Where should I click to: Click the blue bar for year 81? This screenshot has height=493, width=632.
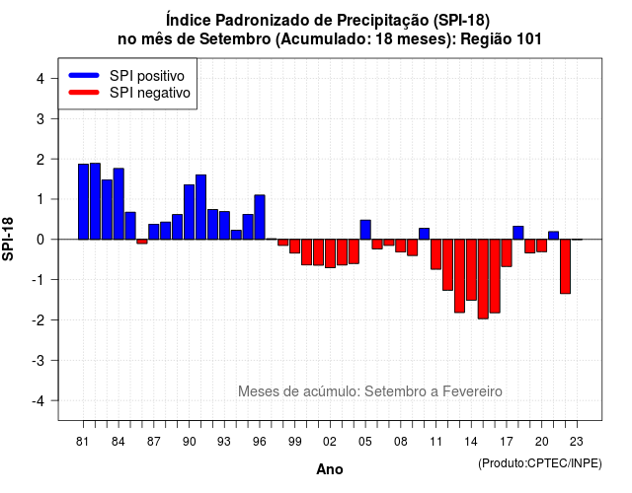(x=83, y=201)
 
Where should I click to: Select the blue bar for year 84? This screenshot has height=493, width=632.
(x=118, y=204)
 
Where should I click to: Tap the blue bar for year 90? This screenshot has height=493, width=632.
(x=189, y=212)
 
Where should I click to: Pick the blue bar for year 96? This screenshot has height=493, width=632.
(x=260, y=217)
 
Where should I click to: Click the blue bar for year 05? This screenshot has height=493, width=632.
(x=365, y=230)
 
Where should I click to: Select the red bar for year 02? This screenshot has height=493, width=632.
(x=330, y=253)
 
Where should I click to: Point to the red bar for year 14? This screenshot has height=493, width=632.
(x=471, y=269)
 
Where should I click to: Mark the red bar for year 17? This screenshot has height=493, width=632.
(x=507, y=252)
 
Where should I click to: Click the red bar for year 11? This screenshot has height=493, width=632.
(x=436, y=254)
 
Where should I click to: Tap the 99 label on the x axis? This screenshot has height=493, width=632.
(x=294, y=442)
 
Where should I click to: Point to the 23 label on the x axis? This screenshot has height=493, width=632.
(x=577, y=442)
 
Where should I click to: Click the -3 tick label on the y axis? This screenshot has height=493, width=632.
(x=39, y=360)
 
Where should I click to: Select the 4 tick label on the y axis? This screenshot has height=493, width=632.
(x=40, y=78)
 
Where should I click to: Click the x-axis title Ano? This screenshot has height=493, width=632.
(x=330, y=469)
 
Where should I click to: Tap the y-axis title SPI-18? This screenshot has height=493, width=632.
(x=8, y=239)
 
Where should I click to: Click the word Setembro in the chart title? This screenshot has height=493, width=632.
(x=235, y=39)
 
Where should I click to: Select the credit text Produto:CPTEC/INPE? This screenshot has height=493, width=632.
(x=540, y=463)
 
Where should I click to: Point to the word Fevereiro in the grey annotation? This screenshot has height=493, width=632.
(x=472, y=391)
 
